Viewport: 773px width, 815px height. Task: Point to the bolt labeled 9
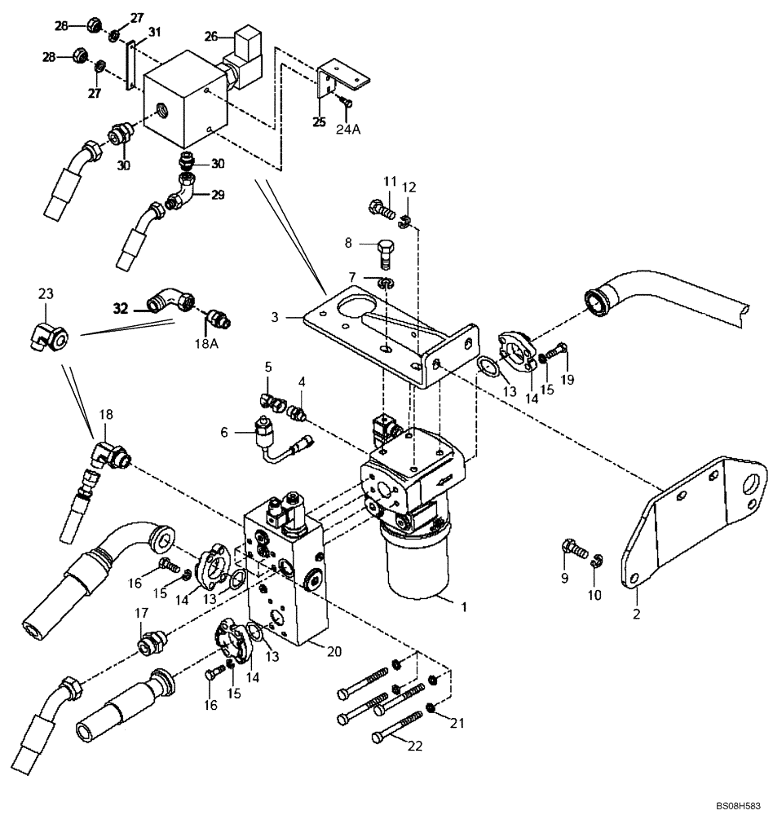(574, 550)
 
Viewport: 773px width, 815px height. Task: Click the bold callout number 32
(121, 309)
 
